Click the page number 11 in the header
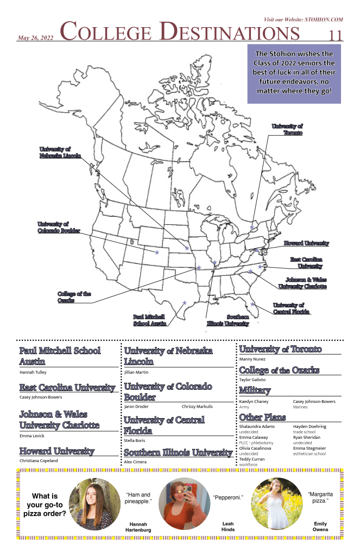(336, 35)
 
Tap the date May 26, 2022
(35, 38)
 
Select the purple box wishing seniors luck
(294, 74)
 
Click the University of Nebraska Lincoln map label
(60, 152)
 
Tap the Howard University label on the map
(306, 244)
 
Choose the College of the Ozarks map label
(74, 297)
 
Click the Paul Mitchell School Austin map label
(149, 320)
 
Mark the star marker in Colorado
(157, 252)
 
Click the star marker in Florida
(253, 304)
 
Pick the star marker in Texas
(185, 302)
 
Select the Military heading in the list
(255, 391)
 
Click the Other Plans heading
(263, 417)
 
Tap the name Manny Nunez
(252, 359)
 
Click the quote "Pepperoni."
(228, 497)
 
